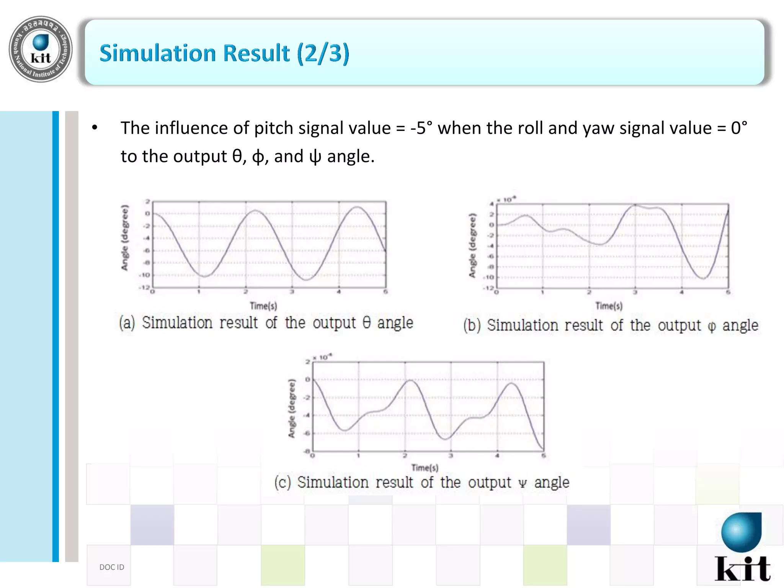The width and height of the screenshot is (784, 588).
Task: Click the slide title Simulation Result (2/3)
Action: pyautogui.click(x=224, y=53)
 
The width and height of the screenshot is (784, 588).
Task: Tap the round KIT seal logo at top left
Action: pyautogui.click(x=41, y=49)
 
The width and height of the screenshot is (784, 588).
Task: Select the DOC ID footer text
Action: pyautogui.click(x=112, y=567)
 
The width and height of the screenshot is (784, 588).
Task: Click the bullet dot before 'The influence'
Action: pyautogui.click(x=95, y=128)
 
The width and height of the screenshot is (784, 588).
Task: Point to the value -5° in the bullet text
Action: pyautogui.click(x=421, y=128)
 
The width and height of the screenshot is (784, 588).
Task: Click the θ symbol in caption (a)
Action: pyautogui.click(x=366, y=322)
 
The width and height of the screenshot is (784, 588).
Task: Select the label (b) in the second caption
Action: pyautogui.click(x=472, y=325)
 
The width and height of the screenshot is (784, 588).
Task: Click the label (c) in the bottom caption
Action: pyautogui.click(x=283, y=482)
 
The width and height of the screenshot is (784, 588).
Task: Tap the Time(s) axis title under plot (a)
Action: pyautogui.click(x=263, y=306)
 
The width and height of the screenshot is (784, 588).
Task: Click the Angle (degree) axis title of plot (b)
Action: pyautogui.click(x=472, y=245)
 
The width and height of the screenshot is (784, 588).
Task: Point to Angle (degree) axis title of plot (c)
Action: pyautogui.click(x=292, y=408)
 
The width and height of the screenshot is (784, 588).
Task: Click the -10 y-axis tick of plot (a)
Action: pyautogui.click(x=144, y=275)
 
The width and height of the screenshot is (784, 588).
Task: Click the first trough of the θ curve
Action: pyautogui.click(x=204, y=276)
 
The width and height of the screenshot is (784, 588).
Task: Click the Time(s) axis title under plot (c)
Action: pyautogui.click(x=425, y=467)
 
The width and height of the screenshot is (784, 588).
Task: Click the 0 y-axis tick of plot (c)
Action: pyautogui.click(x=307, y=379)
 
